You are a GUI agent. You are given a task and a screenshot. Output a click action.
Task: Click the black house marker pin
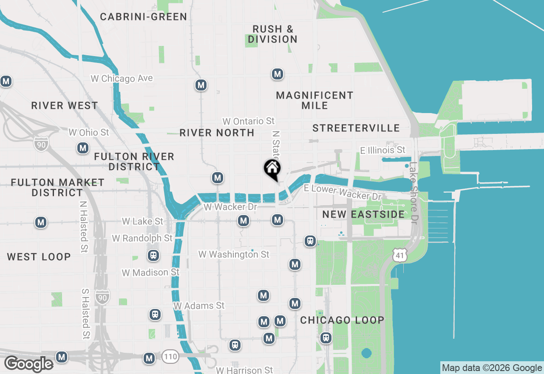[272, 169]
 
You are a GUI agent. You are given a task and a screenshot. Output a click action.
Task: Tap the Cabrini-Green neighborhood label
[144, 17]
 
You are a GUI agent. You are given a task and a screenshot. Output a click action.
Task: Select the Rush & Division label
[273, 34]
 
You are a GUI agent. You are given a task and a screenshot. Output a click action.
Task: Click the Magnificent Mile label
[314, 100]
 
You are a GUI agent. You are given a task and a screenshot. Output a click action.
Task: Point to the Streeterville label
[356, 128]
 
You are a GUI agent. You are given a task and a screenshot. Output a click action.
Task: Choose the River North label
[217, 133]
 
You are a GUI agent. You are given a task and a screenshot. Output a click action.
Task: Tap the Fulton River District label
[134, 161]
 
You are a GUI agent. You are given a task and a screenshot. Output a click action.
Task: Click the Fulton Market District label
[57, 187]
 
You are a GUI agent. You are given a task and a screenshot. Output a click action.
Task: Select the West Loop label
[39, 257]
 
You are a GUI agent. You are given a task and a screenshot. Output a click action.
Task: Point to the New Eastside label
[363, 214]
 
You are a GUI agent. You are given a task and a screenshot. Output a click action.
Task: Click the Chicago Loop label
[342, 320]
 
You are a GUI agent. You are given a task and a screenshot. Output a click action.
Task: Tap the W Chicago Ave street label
[122, 79]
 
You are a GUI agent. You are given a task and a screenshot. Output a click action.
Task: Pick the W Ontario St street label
[249, 122]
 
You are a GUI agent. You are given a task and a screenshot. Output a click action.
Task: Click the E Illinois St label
[382, 150]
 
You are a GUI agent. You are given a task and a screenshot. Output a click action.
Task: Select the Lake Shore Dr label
[414, 193]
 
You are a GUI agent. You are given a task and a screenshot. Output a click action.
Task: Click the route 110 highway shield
[170, 357]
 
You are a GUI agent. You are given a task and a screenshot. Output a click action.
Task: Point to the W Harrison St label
[244, 370]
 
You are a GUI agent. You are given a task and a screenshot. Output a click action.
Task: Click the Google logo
[29, 364]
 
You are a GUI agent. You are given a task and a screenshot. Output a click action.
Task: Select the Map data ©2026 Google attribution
[492, 368]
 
